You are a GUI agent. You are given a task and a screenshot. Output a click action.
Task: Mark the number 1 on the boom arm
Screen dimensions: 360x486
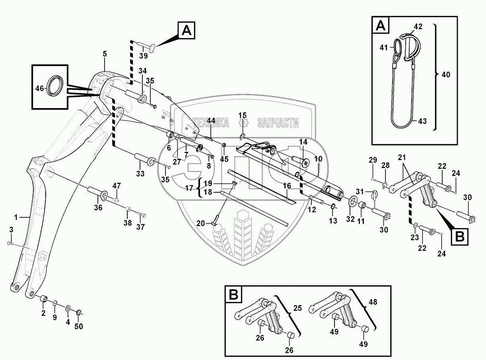pyautogui.click(x=16, y=217)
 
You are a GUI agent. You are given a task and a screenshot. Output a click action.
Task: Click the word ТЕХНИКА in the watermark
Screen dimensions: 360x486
pyautogui.click(x=210, y=123)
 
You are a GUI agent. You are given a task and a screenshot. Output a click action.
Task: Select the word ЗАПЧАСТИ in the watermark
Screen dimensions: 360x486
pyautogui.click(x=278, y=123)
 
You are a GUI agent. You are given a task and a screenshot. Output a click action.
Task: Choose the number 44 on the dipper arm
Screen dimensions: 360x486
pyautogui.click(x=211, y=120)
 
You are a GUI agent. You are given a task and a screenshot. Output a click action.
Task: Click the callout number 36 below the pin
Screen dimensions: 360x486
pyautogui.click(x=98, y=207)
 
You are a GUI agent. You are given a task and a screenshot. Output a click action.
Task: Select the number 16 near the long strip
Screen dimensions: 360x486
pyautogui.click(x=287, y=185)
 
